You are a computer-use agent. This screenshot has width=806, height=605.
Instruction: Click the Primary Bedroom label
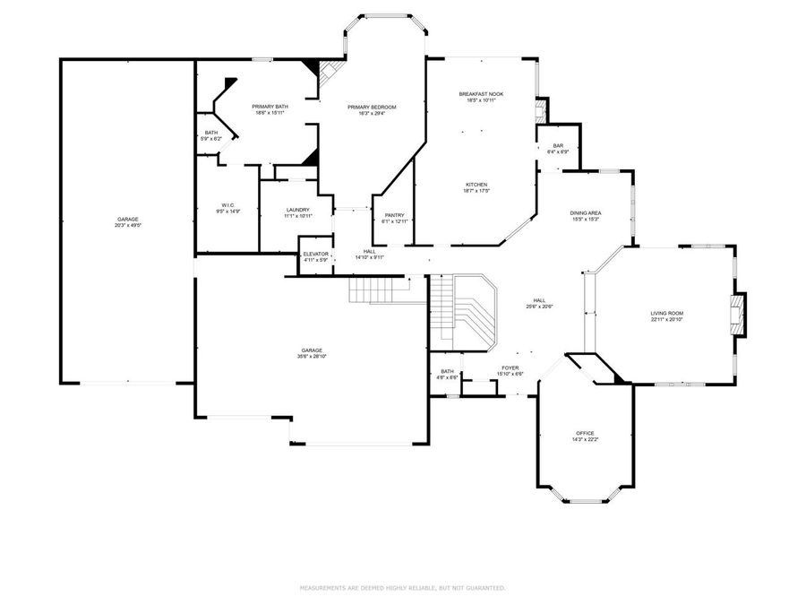click(x=372, y=107)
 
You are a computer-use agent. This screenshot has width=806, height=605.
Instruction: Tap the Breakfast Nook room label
click(x=482, y=94)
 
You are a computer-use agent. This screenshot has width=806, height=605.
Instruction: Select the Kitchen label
click(x=476, y=185)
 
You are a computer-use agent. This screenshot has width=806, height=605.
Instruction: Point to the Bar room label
click(x=557, y=146)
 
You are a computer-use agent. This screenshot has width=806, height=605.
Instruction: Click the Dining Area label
click(x=585, y=213)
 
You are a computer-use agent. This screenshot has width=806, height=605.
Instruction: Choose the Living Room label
click(x=667, y=313)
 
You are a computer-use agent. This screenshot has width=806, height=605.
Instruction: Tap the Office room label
click(x=585, y=433)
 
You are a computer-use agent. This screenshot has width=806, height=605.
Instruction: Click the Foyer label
click(x=510, y=367)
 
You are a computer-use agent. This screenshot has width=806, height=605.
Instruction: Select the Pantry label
click(x=395, y=215)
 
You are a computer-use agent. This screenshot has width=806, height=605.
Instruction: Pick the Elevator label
click(x=315, y=255)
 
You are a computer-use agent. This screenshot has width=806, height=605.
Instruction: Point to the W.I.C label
click(x=227, y=205)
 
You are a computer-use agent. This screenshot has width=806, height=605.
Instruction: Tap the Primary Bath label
click(x=269, y=107)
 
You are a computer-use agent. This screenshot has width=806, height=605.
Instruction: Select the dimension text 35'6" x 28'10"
click(x=312, y=356)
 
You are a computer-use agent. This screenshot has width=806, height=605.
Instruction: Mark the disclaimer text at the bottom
click(x=402, y=588)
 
